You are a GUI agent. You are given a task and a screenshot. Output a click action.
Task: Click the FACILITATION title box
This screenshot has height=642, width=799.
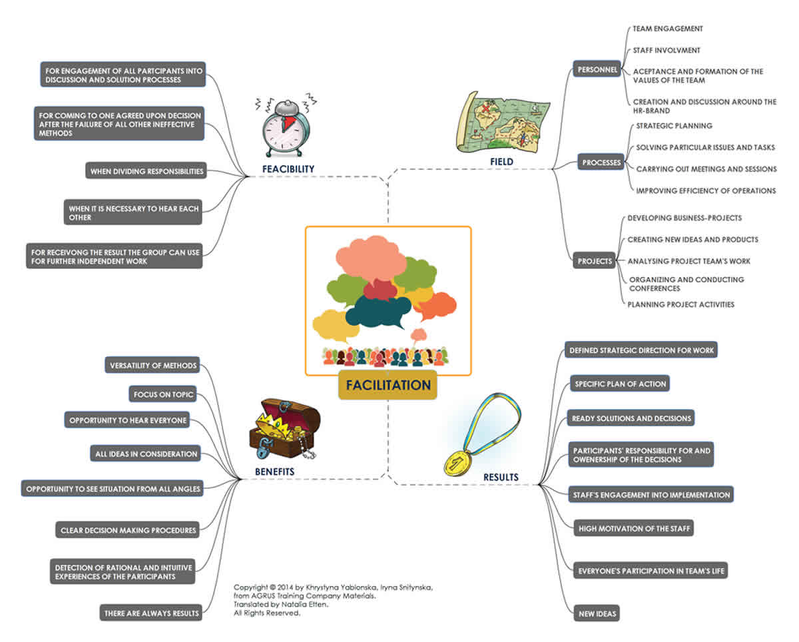(x=388, y=385)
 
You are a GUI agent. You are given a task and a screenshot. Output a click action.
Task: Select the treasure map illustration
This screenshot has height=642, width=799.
(x=503, y=122)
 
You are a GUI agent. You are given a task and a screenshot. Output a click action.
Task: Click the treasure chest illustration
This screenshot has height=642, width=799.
(x=284, y=428)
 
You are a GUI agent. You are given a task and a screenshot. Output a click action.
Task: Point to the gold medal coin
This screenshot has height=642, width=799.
(x=458, y=463)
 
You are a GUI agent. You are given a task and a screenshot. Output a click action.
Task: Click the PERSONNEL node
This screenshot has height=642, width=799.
(x=597, y=69)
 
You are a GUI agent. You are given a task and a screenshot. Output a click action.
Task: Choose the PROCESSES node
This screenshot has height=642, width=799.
(x=601, y=162)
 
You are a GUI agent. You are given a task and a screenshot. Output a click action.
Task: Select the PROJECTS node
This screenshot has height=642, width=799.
(x=595, y=261)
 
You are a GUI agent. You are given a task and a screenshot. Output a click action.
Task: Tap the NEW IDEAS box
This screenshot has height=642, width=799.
(x=597, y=613)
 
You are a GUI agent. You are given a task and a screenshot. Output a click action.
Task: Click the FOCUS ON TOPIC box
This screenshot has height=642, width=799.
(x=163, y=394)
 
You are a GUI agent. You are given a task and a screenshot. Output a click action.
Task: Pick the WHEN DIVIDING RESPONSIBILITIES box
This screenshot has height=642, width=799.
(x=146, y=170)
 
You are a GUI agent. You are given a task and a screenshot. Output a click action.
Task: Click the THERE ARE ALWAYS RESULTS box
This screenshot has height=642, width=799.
(x=151, y=613)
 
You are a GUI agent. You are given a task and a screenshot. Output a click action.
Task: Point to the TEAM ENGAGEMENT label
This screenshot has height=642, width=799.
(x=668, y=29)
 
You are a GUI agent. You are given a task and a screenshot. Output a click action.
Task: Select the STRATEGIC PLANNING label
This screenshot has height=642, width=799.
(x=674, y=125)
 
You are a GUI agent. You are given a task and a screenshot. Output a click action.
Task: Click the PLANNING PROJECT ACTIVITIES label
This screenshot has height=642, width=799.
(x=680, y=304)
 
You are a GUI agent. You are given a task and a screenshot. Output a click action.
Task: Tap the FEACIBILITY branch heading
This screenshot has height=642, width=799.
(x=288, y=169)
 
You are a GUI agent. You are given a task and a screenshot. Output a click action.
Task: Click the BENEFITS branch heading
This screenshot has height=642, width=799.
(x=274, y=472)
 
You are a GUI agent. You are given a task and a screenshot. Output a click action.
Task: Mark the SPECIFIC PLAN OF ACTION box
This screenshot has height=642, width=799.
(x=620, y=384)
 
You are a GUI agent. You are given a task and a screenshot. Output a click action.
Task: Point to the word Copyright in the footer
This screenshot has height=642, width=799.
(x=250, y=587)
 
